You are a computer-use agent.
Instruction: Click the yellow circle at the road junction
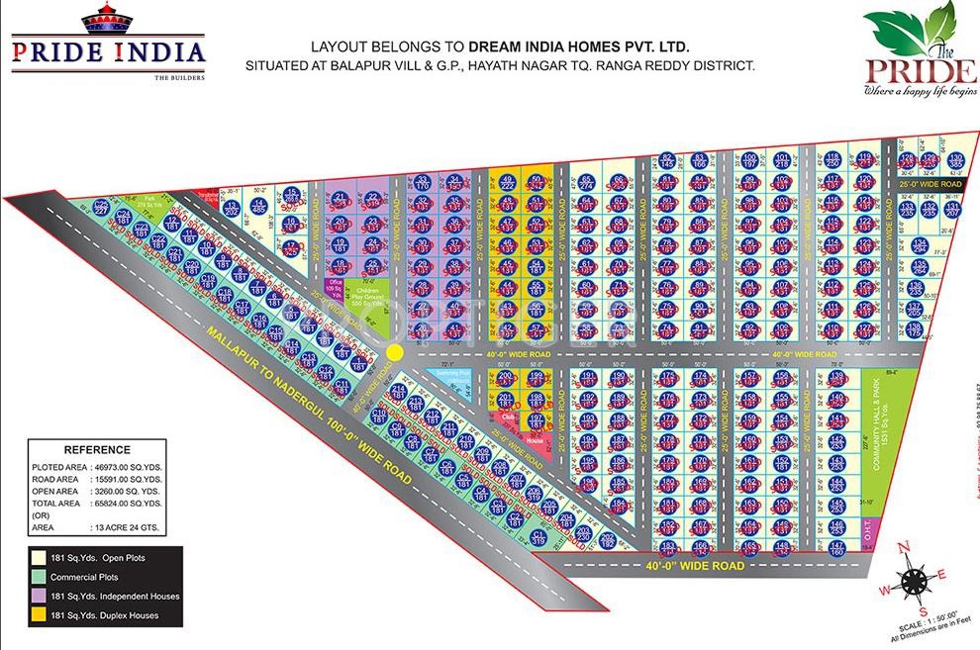coord(394,351)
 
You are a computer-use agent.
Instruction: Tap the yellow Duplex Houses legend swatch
coord(37,616)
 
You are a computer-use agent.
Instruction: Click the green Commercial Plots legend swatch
coord(37,578)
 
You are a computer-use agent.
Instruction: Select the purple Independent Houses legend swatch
coord(37,597)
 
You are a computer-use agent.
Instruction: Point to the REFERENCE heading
coord(97,449)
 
